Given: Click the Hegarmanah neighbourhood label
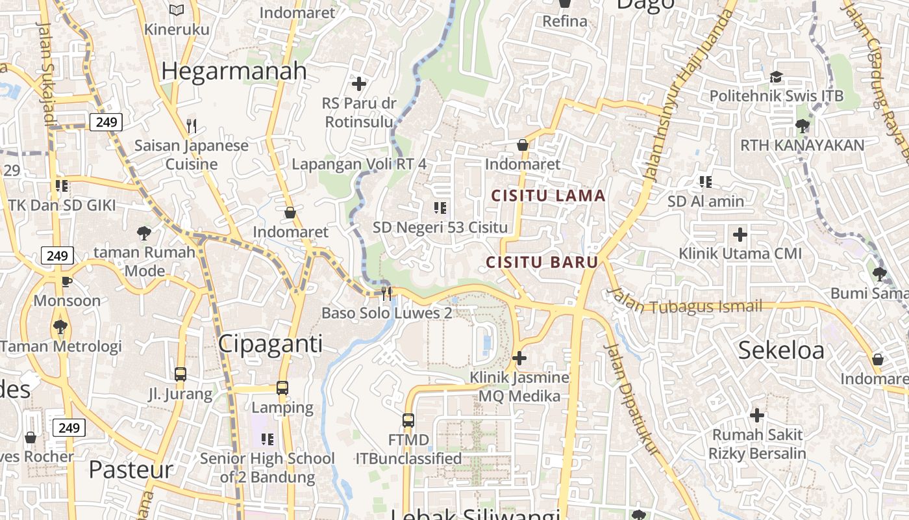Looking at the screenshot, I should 234,71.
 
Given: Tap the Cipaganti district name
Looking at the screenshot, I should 270,343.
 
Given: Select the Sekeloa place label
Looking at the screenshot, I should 781,350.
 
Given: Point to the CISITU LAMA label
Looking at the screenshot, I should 548,196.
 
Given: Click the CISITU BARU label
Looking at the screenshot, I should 542,263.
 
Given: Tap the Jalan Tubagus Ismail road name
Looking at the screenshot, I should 685,303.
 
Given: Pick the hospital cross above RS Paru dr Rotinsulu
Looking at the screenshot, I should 359,83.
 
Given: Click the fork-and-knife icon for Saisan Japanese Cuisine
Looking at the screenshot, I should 191,125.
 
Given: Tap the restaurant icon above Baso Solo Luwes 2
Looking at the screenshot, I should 387,293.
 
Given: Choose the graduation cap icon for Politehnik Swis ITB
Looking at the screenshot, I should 776,77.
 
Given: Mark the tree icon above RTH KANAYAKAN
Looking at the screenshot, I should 803,125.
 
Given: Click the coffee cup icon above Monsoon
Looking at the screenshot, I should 66,281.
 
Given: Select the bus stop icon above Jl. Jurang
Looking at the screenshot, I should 181,374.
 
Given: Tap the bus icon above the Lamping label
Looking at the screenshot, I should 282,388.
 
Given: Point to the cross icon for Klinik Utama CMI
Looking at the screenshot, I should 740,234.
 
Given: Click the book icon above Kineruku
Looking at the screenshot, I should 177,10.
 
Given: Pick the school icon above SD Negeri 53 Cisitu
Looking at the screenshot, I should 440,208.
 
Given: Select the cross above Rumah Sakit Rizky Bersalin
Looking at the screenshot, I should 756,415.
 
